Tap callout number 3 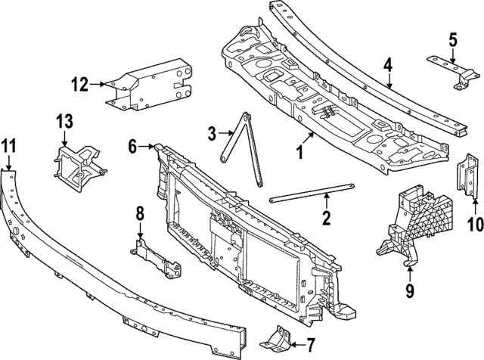tap(213, 134)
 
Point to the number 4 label tap(386, 66)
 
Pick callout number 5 tap(452, 38)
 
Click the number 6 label tap(132, 148)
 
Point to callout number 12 tap(80, 84)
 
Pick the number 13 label tap(65, 119)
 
